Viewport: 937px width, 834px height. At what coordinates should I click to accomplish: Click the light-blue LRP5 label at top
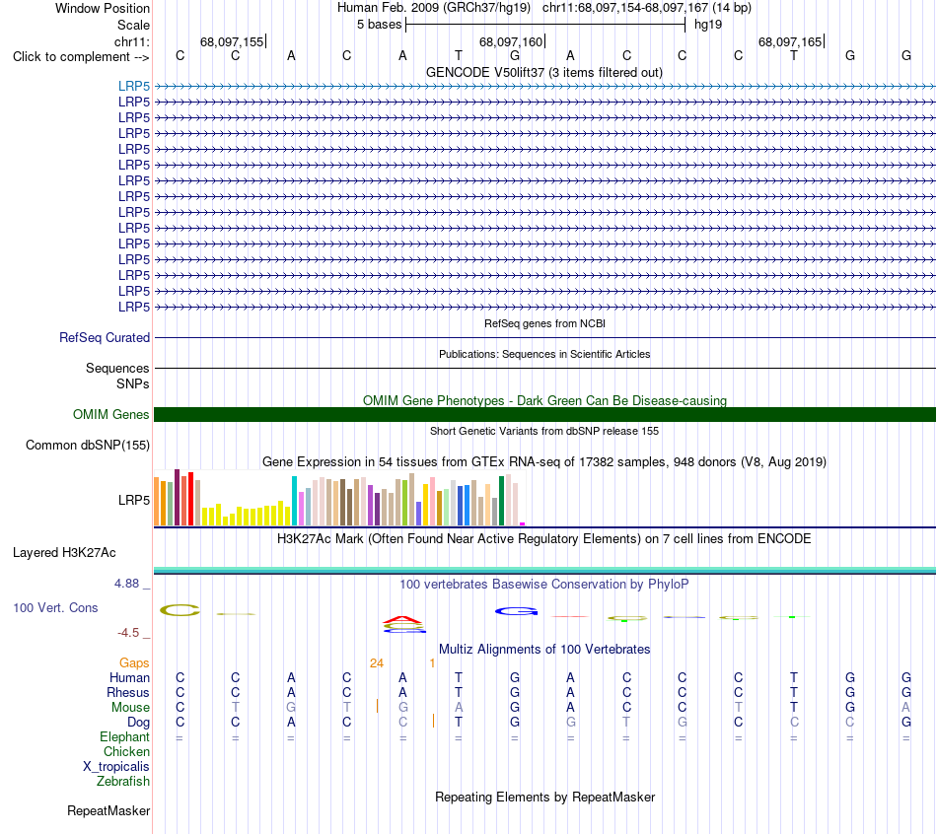[134, 86]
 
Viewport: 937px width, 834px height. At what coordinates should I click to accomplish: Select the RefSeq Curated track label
[105, 337]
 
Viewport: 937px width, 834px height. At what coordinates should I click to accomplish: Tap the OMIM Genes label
[111, 415]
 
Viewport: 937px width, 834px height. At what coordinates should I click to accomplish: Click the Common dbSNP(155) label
[88, 445]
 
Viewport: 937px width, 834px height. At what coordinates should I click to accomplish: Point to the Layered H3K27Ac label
[64, 553]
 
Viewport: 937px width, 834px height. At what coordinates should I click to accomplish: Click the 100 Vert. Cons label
[55, 607]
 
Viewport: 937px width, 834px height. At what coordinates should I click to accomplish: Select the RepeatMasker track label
[108, 810]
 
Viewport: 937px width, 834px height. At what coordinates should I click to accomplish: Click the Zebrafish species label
[123, 781]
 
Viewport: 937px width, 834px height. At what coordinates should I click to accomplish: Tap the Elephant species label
[125, 736]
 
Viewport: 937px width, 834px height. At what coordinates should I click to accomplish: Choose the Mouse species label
[130, 708]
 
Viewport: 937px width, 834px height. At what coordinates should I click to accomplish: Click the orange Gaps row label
[134, 663]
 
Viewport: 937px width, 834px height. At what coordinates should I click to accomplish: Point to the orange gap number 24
[377, 663]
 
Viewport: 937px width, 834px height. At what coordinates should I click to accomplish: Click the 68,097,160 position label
[511, 41]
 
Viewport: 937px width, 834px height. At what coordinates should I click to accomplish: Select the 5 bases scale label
[380, 25]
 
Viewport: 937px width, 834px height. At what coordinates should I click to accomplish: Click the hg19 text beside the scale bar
[708, 25]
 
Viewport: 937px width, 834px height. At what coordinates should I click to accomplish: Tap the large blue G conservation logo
[516, 611]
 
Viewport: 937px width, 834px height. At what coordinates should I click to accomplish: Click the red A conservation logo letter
[402, 619]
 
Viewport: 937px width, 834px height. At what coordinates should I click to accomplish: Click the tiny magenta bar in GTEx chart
[523, 523]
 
